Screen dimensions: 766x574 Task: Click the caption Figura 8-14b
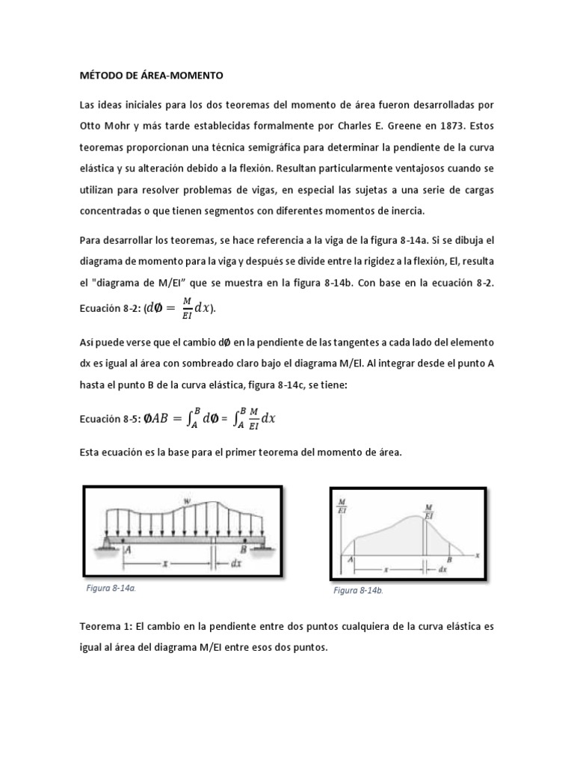pyautogui.click(x=359, y=590)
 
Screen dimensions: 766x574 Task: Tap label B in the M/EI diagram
pyautogui.click(x=448, y=560)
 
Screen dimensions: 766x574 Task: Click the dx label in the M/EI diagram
pyautogui.click(x=442, y=569)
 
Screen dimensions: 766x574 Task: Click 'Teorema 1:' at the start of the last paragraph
pyautogui.click(x=104, y=628)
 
